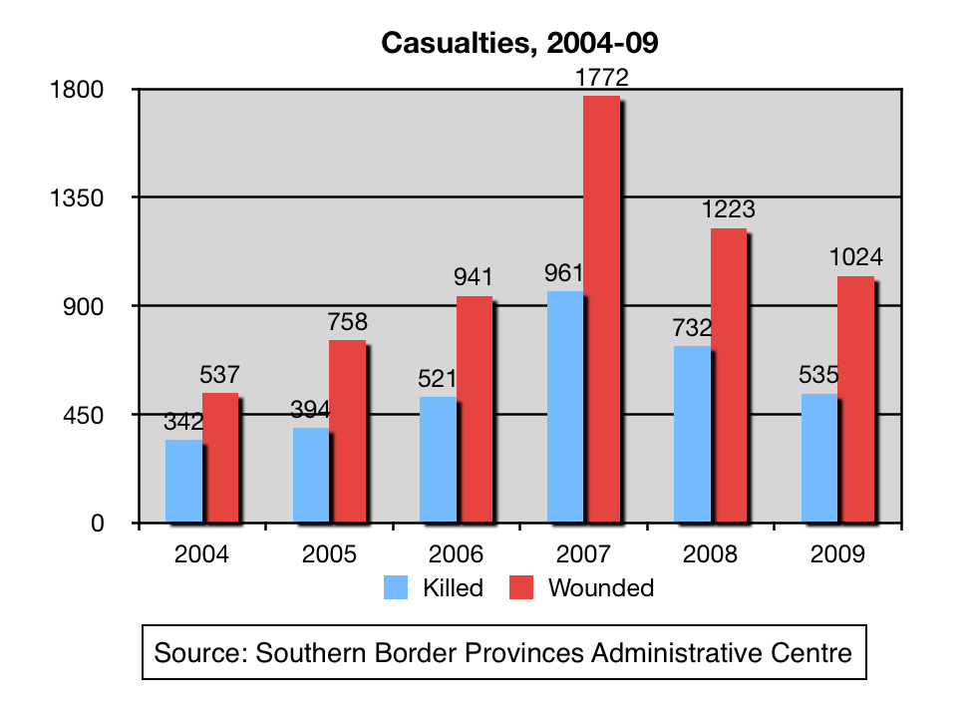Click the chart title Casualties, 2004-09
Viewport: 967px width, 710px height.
(x=519, y=43)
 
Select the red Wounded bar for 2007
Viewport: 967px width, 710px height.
(x=601, y=309)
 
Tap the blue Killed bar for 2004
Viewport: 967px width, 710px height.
(x=183, y=481)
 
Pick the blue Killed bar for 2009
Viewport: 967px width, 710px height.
(x=818, y=458)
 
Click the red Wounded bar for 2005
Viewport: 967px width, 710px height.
(x=348, y=431)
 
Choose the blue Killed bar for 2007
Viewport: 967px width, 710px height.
(x=565, y=407)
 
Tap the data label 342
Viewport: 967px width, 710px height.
(x=183, y=422)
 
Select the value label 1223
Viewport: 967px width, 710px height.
(x=728, y=210)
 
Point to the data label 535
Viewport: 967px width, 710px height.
(x=818, y=376)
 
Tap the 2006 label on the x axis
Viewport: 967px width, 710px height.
(x=457, y=554)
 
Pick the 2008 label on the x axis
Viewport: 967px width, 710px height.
(x=711, y=554)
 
